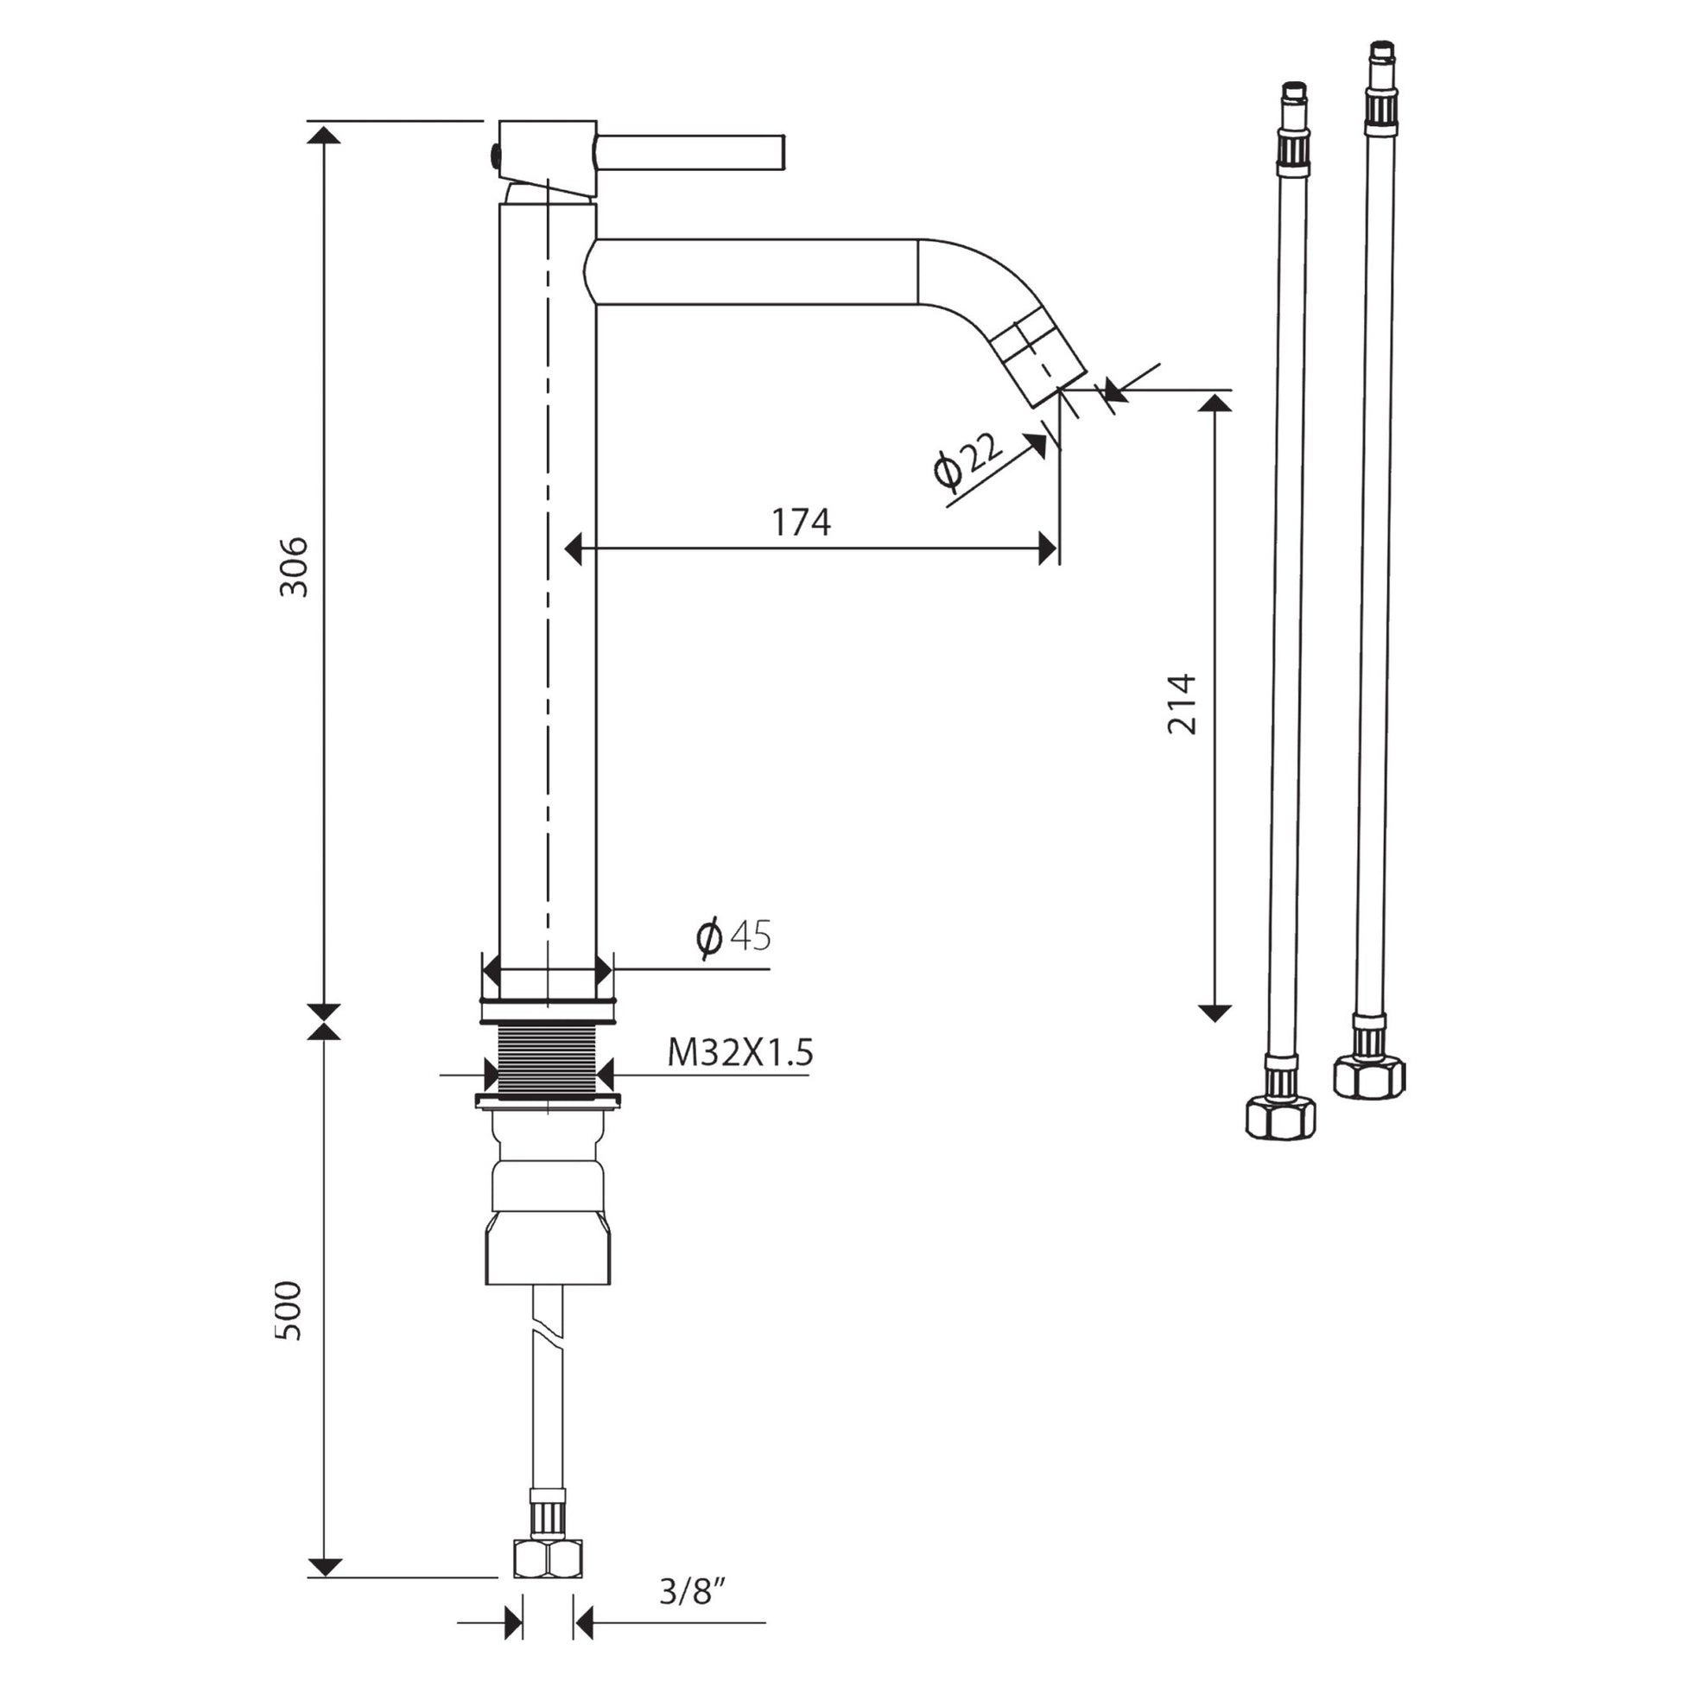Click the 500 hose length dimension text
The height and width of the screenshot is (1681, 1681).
(289, 1310)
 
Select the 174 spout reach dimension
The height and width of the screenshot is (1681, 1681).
(801, 522)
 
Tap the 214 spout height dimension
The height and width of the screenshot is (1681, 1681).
(1183, 704)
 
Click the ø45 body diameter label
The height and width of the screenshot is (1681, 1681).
(734, 936)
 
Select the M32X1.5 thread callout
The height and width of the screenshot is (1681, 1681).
(739, 1054)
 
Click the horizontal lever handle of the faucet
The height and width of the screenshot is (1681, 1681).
(690, 152)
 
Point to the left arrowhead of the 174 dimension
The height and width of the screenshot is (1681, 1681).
(573, 549)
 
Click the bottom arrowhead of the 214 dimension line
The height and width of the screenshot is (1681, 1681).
(1215, 1012)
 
